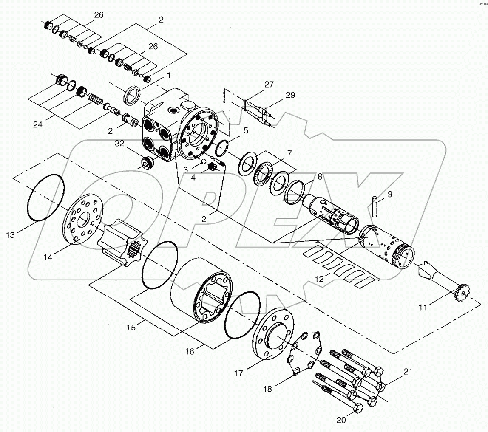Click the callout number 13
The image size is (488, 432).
click(x=12, y=234)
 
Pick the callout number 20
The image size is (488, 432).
click(x=342, y=421)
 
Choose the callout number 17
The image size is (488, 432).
click(x=238, y=373)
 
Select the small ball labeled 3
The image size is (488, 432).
click(x=203, y=162)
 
